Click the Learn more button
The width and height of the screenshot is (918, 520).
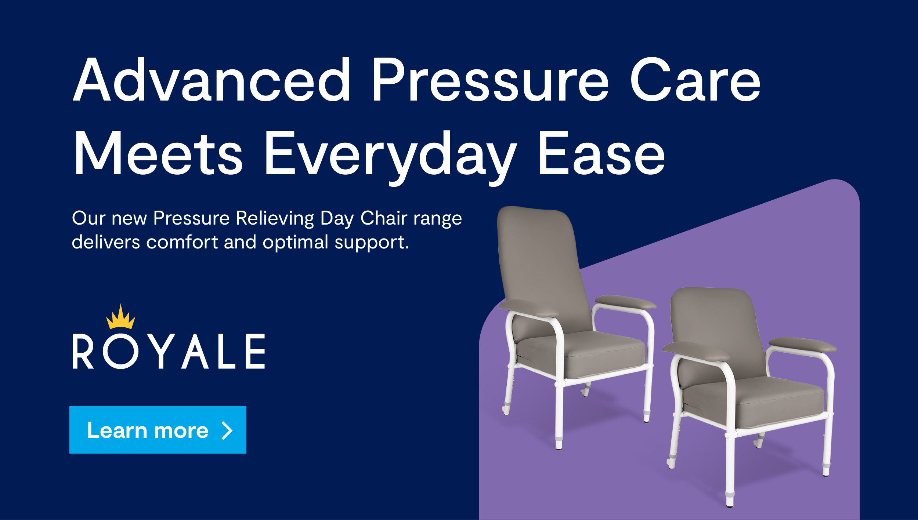click(158, 430)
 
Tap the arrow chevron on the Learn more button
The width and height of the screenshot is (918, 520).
click(227, 430)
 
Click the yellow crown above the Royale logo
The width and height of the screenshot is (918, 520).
click(120, 316)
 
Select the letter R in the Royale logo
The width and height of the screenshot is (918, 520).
click(83, 351)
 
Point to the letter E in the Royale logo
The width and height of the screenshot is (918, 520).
click(255, 351)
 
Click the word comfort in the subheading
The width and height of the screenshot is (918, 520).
click(182, 242)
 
